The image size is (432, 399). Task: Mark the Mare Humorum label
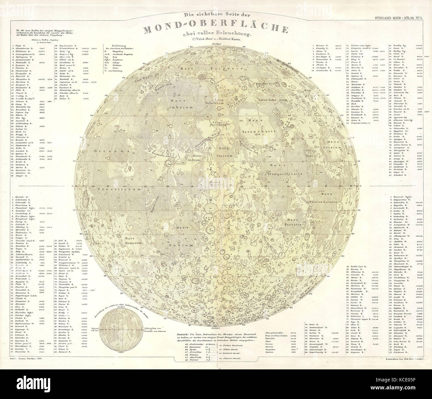tap(135, 240)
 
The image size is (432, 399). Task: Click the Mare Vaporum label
tap(226, 149)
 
